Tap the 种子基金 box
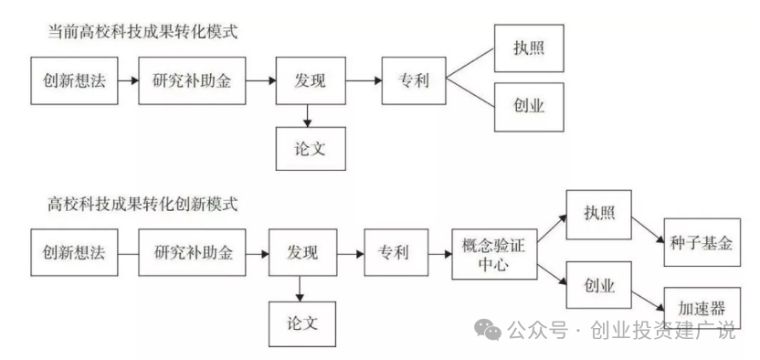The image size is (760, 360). pos(700,244)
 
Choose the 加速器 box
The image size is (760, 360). pos(700,307)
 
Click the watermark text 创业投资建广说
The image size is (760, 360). pos(664,331)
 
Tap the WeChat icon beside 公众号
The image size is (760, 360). pos(490,330)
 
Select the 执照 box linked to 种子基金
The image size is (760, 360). pos(600,213)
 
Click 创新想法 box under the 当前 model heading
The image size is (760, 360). pos(75,80)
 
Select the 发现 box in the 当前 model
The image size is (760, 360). pos(311,80)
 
